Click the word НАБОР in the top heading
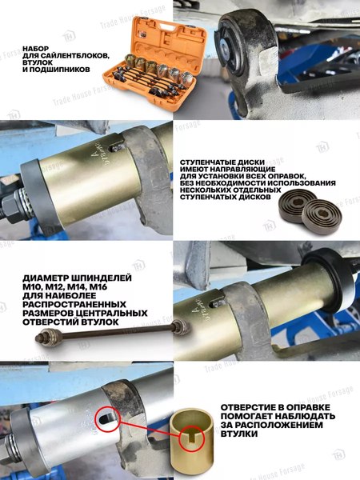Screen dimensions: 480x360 (x=38, y=48)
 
